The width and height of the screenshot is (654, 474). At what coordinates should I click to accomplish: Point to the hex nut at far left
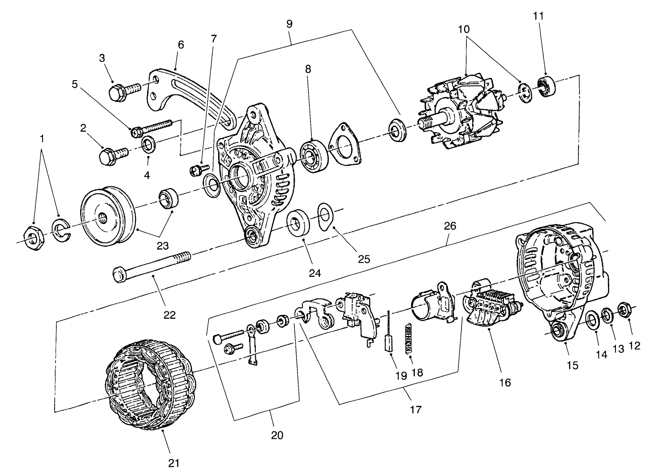[x=33, y=237]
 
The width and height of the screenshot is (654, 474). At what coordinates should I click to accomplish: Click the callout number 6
[x=181, y=44]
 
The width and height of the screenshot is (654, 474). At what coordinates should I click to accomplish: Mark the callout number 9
[x=289, y=24]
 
